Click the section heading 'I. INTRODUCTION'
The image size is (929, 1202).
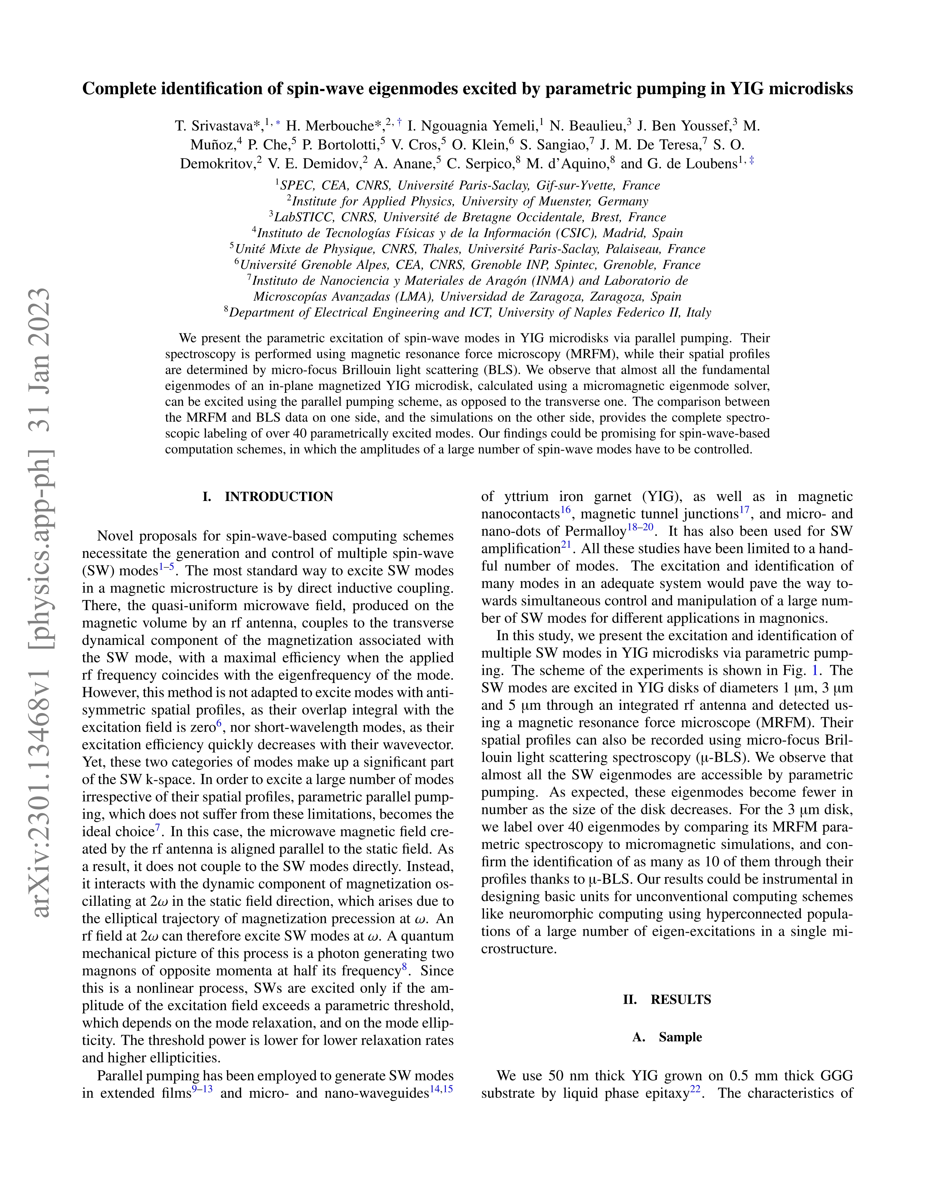tap(268, 497)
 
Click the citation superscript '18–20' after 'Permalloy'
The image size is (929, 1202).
tap(640, 527)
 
